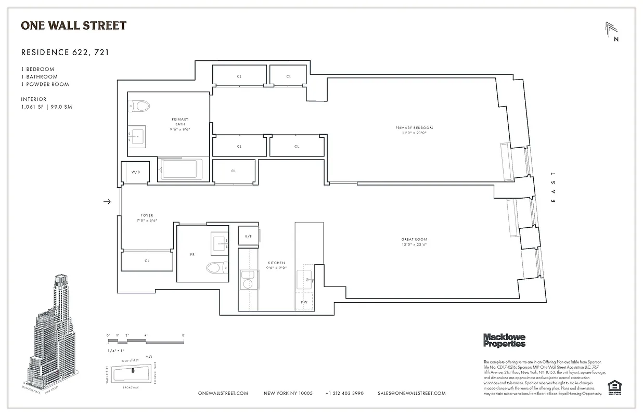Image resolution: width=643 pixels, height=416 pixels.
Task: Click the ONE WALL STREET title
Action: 73,25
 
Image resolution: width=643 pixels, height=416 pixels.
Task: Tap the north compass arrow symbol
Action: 612,30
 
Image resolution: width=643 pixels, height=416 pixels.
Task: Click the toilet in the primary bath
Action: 139,106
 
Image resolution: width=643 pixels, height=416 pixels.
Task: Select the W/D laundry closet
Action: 135,172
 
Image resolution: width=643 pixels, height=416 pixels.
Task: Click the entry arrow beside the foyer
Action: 108,202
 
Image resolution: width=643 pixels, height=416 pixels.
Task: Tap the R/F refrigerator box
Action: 249,236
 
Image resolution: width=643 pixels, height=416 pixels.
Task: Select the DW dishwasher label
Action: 304,302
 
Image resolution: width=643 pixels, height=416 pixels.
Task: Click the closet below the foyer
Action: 147,261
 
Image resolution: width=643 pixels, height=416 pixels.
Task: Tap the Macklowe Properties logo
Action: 504,340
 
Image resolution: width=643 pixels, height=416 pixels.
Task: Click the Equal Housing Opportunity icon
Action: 614,387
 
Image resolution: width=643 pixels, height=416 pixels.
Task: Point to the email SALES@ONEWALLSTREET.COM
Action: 411,394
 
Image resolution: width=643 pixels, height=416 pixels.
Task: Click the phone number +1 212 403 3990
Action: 344,394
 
